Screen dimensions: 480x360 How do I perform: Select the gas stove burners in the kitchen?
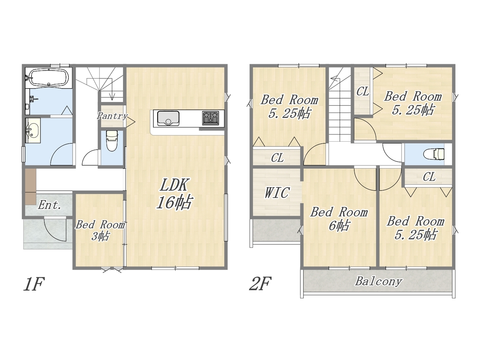[211, 118]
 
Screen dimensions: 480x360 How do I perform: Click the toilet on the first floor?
[112, 141]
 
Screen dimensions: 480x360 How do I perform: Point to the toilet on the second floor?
[434, 154]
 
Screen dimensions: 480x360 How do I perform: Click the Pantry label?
[112, 116]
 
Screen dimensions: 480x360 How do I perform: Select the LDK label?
[174, 185]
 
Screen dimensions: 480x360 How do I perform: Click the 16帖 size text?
[174, 202]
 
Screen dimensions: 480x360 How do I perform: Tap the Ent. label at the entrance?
[49, 205]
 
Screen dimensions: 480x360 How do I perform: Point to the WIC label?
[277, 193]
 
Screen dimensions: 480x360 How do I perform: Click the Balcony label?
[379, 281]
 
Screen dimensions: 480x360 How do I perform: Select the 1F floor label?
[34, 284]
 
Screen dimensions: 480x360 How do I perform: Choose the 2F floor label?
[261, 283]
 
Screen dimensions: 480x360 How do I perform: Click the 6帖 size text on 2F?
[339, 225]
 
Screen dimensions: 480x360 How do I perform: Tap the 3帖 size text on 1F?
[100, 236]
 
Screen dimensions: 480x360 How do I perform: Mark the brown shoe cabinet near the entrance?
[30, 186]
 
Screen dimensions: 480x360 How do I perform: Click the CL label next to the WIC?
[277, 157]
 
